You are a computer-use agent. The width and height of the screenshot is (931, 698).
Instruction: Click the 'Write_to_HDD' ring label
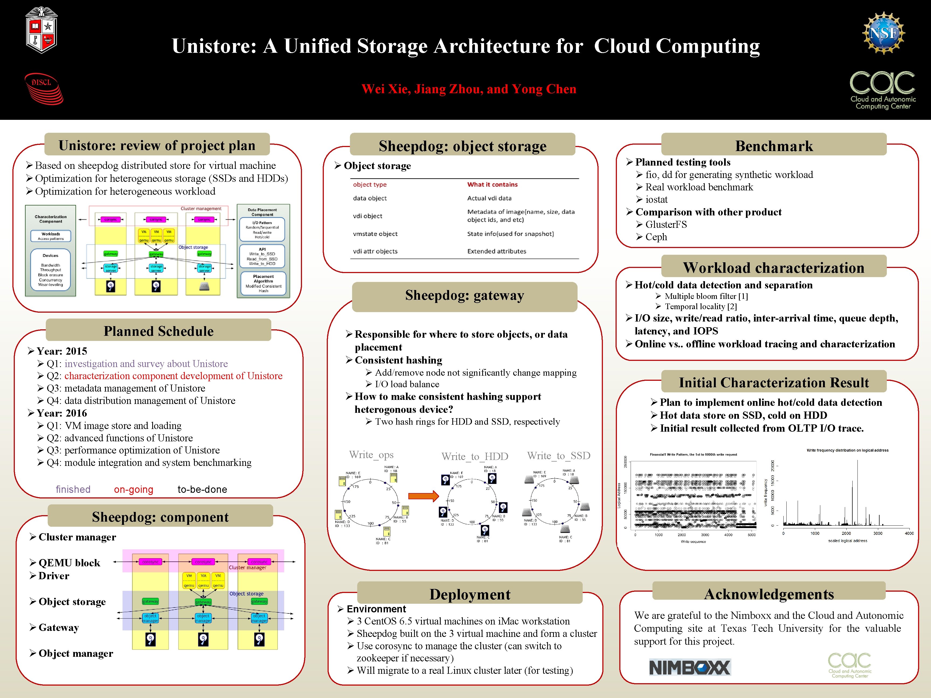pos(474,456)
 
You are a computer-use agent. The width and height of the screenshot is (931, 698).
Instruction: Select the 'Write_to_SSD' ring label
pos(558,456)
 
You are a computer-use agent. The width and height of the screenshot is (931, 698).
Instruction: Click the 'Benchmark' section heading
pos(774,146)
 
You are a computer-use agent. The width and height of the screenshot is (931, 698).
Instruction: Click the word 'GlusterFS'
pos(666,225)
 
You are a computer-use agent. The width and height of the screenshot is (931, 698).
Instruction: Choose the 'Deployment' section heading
pos(470,594)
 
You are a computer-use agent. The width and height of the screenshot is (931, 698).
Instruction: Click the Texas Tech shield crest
pos(41,30)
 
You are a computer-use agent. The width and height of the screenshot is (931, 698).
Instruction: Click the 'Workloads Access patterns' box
pos(50,236)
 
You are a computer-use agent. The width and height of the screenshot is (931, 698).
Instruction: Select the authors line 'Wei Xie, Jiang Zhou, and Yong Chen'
pos(468,89)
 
